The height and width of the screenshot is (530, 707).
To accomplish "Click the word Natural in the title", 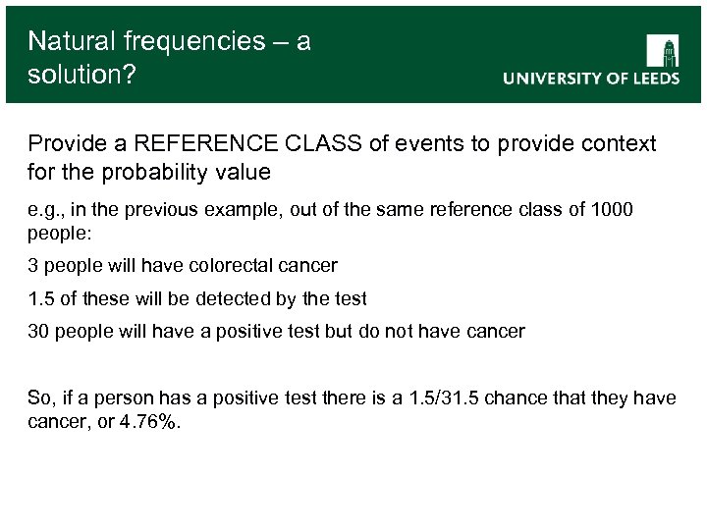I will [x=72, y=41].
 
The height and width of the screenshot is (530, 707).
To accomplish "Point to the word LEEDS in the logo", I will [x=649, y=79].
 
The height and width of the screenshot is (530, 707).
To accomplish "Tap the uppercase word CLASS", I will [x=315, y=144].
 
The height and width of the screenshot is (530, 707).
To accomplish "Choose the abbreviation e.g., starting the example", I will [x=46, y=210].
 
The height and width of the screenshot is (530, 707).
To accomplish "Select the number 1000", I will [x=615, y=210].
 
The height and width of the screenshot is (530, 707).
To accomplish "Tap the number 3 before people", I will [x=32, y=265].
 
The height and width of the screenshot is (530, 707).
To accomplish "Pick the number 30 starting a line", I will [x=38, y=332].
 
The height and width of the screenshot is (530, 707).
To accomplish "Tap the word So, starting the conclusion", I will [x=40, y=397].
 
